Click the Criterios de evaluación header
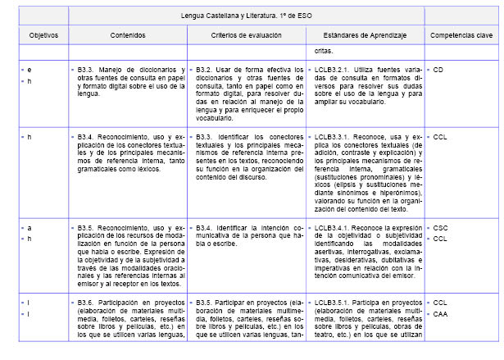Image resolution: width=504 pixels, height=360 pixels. click(247, 36)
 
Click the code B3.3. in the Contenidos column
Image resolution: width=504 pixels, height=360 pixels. click(88, 71)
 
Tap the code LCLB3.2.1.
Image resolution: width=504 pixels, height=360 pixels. click(333, 71)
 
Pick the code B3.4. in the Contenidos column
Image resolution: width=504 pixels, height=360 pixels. click(88, 135)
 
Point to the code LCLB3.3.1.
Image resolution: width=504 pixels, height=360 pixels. click(333, 135)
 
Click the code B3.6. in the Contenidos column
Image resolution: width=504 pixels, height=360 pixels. click(88, 303)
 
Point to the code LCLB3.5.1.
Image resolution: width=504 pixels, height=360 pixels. click(333, 303)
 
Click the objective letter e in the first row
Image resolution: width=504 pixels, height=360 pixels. click(30, 71)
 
